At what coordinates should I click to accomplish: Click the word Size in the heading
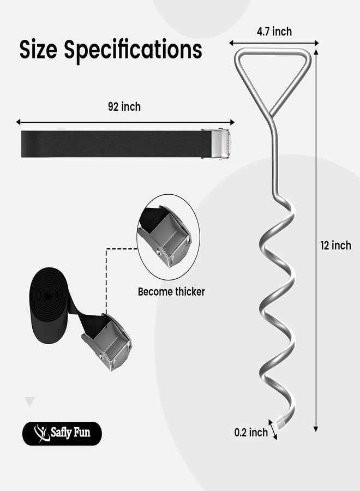point(38,49)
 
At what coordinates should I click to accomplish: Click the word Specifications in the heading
point(133,50)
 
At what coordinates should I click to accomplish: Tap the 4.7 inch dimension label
point(274,32)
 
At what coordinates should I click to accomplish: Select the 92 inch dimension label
point(124,107)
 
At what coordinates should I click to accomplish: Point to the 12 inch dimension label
point(335,245)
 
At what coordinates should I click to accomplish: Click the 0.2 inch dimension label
point(251,433)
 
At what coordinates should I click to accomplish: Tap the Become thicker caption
point(171,292)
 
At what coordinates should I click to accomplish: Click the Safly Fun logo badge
point(62,433)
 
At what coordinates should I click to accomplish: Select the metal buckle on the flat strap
point(215,143)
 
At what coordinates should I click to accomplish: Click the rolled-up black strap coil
point(49,306)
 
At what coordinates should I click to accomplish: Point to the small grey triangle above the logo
point(30,402)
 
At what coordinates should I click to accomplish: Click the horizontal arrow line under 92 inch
point(125,122)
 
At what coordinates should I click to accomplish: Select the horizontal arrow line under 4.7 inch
point(274,43)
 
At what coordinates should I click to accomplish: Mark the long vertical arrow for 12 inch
point(316,241)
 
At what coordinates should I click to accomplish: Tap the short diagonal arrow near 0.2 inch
point(273,430)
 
